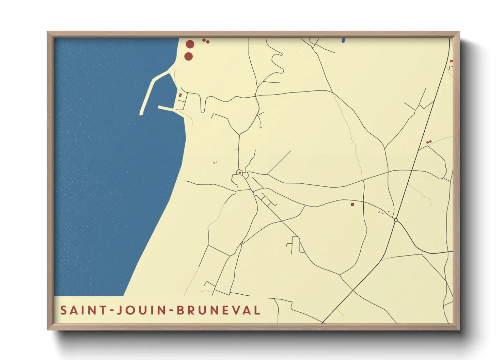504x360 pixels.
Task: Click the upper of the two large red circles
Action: [190, 44]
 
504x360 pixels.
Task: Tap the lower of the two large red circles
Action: [188, 56]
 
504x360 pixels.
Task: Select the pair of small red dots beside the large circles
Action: [206, 41]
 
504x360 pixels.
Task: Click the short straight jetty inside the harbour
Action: [167, 109]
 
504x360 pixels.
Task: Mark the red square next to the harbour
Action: [180, 95]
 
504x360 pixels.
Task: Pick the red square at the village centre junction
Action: [240, 173]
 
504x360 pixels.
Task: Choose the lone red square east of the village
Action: [352, 204]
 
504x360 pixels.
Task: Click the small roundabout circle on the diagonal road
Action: [396, 220]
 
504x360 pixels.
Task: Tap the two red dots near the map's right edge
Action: [429, 142]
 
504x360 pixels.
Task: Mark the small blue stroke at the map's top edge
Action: [343, 40]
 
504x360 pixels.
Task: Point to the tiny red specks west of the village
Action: [215, 163]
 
